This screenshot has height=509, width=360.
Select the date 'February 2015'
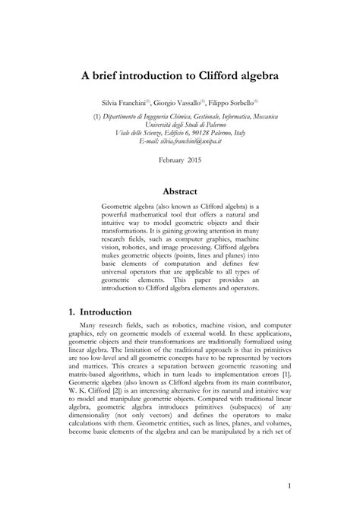coord(180,160)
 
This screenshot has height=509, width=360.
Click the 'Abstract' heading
coord(180,191)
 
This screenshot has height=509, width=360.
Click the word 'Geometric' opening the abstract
coord(118,207)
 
